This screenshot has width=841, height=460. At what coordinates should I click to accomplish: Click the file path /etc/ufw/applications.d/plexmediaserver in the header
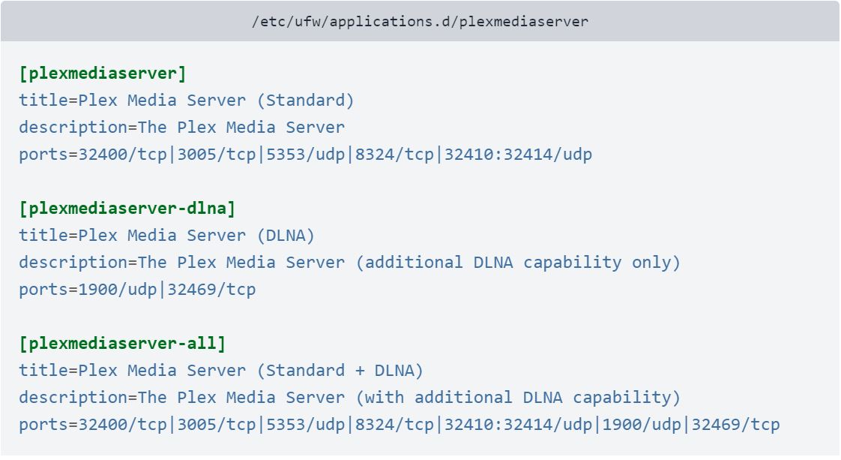[420, 22]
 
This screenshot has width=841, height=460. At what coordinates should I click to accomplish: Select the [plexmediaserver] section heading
[103, 74]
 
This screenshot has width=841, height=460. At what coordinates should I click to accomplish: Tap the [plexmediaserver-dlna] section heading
[127, 209]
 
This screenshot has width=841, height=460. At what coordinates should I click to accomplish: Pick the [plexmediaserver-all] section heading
[122, 344]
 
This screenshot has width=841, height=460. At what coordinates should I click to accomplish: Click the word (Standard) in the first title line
[305, 101]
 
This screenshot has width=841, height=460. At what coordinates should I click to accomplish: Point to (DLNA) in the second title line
[286, 236]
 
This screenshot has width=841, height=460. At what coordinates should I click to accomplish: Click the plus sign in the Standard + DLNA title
[359, 371]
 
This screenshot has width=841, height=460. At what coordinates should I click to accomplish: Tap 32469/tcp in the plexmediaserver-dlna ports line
[211, 290]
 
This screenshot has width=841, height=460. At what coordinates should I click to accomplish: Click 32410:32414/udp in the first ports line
[518, 155]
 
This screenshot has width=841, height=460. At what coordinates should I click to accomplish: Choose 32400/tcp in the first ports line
[122, 155]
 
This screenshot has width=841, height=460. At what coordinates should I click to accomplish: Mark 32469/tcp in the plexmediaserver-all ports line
[735, 425]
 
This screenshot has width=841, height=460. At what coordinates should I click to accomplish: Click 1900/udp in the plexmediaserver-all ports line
[642, 425]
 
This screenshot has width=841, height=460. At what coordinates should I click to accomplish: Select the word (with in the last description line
[380, 398]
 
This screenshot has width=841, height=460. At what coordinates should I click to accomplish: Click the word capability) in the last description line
[627, 398]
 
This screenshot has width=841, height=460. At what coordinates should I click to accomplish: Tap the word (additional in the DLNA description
[409, 263]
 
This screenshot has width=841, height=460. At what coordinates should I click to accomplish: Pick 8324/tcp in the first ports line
[394, 155]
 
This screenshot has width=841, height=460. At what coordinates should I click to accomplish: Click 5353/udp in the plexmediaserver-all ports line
[305, 425]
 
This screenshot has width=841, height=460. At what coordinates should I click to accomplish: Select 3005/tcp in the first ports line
[216, 155]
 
